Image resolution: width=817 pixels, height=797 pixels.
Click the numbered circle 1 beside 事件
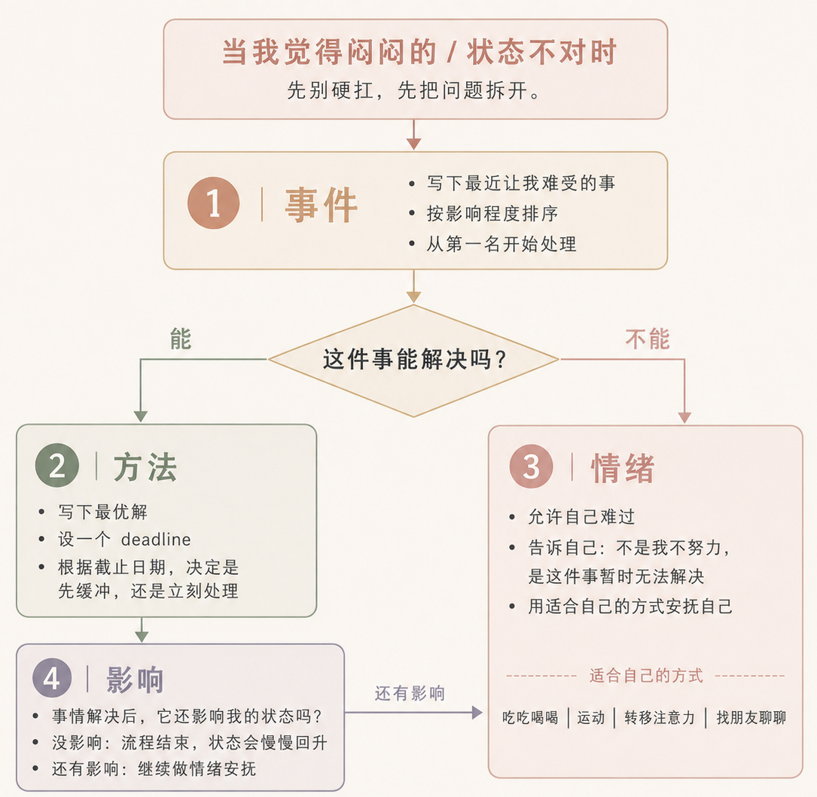[214, 202]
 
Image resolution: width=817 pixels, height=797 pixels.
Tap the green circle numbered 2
[57, 465]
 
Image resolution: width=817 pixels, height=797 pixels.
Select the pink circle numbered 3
[531, 466]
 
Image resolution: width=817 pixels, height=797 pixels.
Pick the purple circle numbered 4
[52, 677]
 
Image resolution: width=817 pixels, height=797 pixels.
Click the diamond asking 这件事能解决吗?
[413, 360]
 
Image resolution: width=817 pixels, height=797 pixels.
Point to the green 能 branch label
[181, 339]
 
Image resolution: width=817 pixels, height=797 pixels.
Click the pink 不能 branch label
[647, 339]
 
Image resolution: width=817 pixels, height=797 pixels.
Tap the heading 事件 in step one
[321, 205]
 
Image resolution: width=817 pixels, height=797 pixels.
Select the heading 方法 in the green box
[145, 467]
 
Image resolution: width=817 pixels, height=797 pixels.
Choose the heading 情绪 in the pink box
[623, 468]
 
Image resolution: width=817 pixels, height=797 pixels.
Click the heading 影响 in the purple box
[135, 680]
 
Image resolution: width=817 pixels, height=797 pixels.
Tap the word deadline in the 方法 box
[156, 540]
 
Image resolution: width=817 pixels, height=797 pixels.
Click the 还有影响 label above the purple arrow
[410, 693]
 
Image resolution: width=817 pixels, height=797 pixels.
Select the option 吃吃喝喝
[530, 718]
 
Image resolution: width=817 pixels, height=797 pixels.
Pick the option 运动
[591, 718]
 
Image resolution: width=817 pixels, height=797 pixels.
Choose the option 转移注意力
[660, 718]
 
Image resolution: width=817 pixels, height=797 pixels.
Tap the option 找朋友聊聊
[751, 718]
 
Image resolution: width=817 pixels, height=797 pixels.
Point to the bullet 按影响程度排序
[492, 214]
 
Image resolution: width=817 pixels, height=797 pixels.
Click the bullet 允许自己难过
[581, 517]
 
